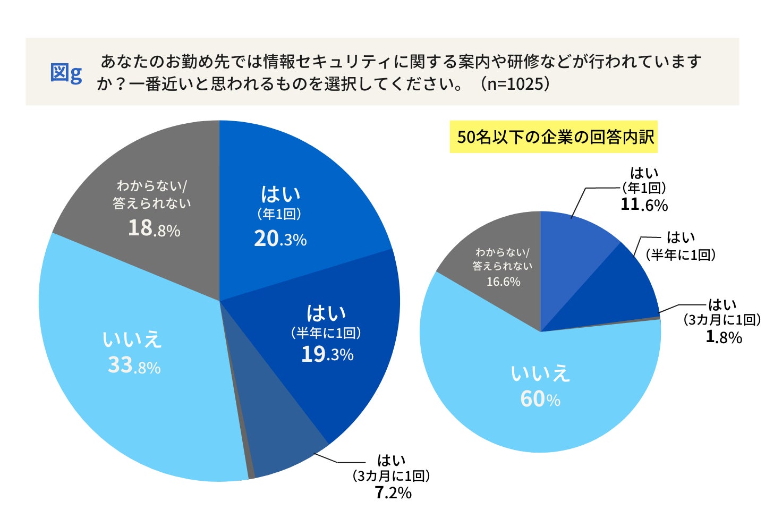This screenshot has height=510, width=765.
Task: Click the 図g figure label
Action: pos(66,73)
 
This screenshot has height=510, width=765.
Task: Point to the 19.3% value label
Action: pos(327,354)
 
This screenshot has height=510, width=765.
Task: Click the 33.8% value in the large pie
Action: pos(134,365)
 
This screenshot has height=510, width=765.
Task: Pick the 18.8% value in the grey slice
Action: pos(154,228)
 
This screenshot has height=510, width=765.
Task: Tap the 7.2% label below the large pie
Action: pos(393,493)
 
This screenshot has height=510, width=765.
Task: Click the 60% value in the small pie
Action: pos(540,399)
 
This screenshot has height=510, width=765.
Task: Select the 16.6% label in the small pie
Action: pos(503,282)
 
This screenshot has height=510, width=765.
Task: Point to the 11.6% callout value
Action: pos(644,205)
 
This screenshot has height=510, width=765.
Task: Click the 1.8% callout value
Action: pos(724,337)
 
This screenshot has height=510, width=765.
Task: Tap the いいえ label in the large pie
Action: pos(132,339)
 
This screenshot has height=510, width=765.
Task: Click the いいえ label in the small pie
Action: pos(540,373)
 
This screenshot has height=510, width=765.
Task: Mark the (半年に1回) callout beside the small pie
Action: pos(681,255)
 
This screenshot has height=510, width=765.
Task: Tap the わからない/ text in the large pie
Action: pos(151,186)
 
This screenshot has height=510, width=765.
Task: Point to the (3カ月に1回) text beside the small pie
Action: pos(721,320)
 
